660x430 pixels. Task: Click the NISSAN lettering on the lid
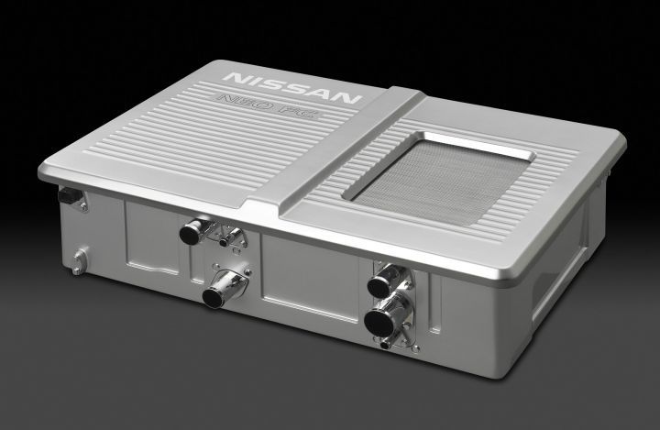(292, 88)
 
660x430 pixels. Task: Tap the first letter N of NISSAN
(236, 78)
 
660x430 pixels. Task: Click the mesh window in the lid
(438, 180)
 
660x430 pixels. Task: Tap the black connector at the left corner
(71, 196)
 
